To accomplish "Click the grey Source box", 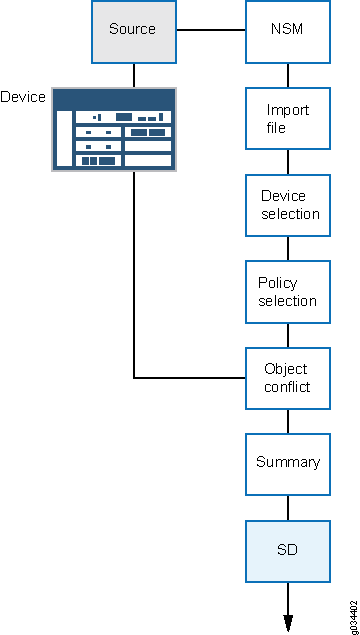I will coord(133,30).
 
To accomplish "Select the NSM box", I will coord(288,30).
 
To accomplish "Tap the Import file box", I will coord(288,118).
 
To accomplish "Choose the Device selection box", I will coord(288,205).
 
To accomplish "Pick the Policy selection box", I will coord(288,292).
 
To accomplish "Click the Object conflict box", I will coord(288,378).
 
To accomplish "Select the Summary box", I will coord(288,463).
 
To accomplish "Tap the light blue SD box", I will coord(288,550).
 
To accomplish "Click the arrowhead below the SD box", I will coord(288,622).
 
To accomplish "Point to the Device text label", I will coord(23,98).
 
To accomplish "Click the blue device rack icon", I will coord(113,128).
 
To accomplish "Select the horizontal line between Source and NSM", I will coord(210,30).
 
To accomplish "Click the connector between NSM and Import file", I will coord(288,74).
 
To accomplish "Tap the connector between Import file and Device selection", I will coord(288,161).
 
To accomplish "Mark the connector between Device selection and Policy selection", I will coord(288,248).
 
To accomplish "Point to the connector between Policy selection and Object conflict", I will coord(288,335).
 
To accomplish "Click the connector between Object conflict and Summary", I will coord(288,421).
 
